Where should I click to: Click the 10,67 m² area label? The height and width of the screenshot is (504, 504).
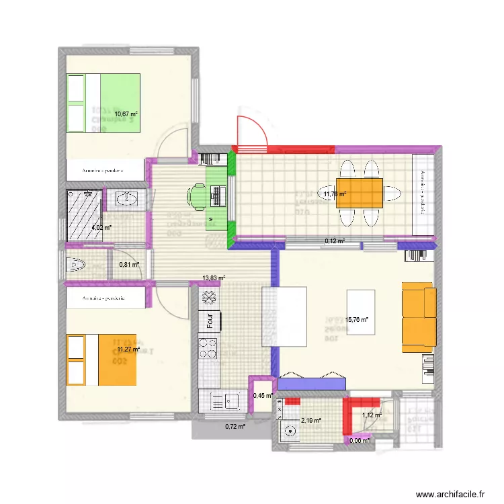125,114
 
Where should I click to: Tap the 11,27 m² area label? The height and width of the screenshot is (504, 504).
128,349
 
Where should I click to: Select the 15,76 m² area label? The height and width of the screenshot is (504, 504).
356,321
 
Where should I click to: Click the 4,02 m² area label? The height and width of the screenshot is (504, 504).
101,228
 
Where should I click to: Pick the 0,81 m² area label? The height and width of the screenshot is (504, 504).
128,265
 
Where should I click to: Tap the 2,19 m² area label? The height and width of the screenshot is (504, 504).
311,421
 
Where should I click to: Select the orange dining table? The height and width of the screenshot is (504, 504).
359,192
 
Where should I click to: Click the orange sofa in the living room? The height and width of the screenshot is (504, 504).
419,318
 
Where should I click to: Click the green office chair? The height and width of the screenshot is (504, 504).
199,196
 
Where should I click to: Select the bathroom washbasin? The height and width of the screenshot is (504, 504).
128,199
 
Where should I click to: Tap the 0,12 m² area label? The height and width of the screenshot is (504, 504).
335,241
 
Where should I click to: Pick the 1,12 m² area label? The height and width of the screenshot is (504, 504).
371,415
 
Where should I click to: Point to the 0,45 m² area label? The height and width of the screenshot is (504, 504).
262,396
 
